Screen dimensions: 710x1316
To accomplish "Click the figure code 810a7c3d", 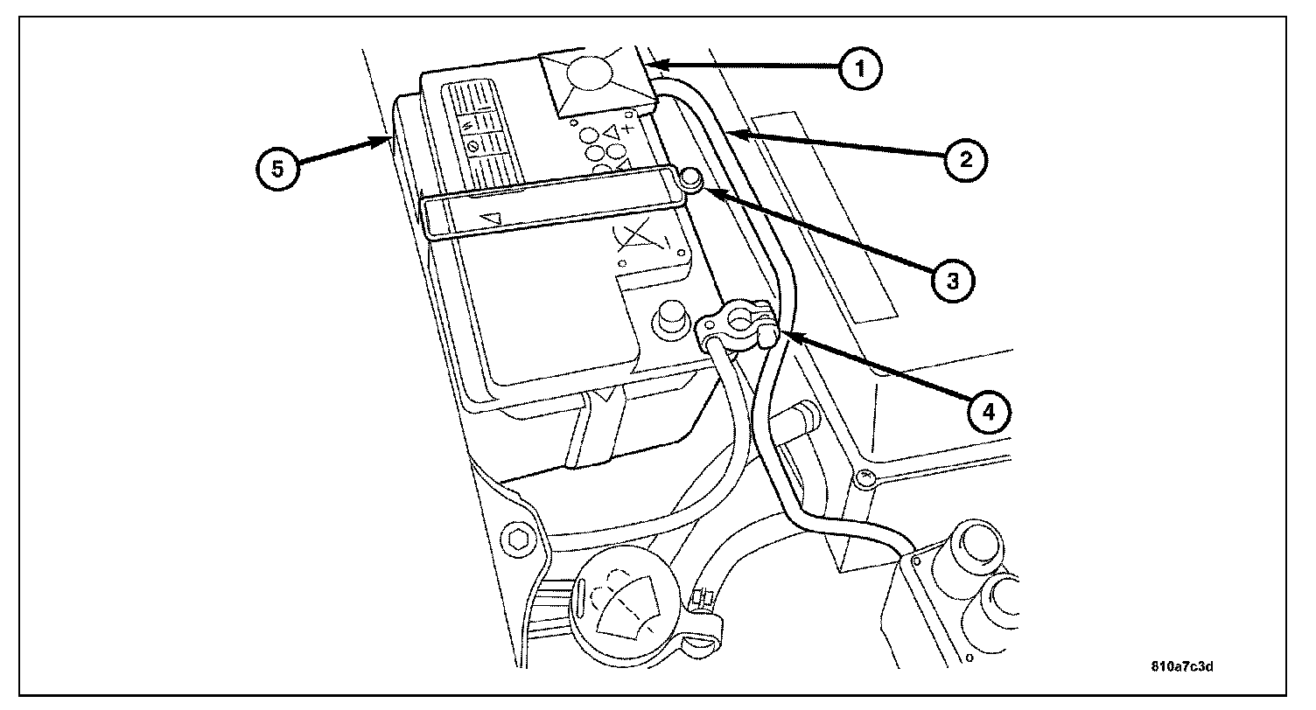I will click(x=1182, y=665).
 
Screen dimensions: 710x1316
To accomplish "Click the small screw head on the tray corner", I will click(x=864, y=478).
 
